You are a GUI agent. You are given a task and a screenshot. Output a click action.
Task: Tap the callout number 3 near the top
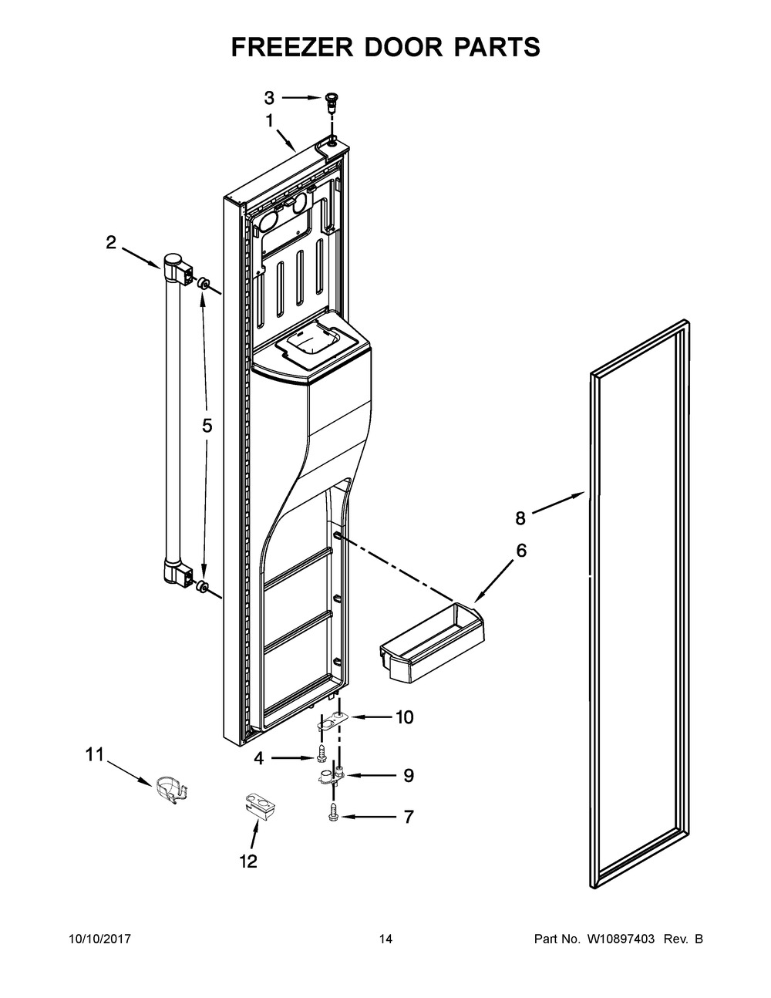tap(269, 98)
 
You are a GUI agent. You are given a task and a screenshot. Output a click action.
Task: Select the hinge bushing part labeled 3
tap(332, 99)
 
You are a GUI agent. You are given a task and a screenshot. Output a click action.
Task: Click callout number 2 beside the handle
tap(111, 244)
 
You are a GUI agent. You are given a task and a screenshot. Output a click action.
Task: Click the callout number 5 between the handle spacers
tap(207, 426)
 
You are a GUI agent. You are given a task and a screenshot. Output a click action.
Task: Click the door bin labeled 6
tap(432, 634)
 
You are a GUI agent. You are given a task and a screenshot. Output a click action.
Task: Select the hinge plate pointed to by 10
tap(331, 720)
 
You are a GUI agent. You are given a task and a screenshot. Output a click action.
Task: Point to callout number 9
tap(408, 775)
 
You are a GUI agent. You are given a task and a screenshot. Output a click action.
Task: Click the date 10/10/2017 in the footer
tap(100, 939)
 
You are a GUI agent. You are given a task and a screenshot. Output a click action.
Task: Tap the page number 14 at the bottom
tap(385, 939)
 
